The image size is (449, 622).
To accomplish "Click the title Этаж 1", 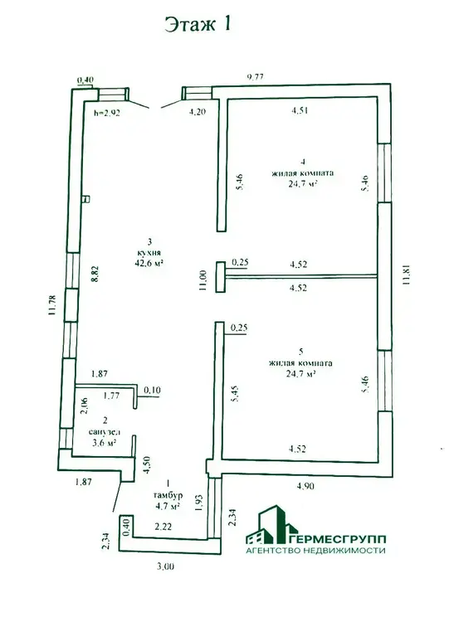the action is (x=198, y=25).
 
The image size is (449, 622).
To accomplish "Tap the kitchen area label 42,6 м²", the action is (x=149, y=262).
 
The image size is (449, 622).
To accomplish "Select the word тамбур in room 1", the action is (x=168, y=495).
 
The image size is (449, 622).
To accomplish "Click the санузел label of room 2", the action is (x=105, y=432).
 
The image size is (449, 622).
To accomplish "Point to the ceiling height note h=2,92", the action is (x=107, y=113).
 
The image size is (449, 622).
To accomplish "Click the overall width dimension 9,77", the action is (x=256, y=77).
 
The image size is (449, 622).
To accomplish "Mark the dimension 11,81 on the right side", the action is (x=405, y=275).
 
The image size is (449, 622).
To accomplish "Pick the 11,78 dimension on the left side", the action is (x=51, y=305).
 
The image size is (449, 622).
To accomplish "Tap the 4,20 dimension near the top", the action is (x=197, y=112).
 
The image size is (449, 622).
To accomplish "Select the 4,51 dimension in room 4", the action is (x=300, y=110).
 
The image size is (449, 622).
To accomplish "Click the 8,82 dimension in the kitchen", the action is (x=95, y=274).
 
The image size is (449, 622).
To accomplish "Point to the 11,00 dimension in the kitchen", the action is (x=203, y=280).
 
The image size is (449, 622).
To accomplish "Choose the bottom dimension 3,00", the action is (x=165, y=566).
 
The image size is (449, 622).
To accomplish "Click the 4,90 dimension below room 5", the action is (x=305, y=485).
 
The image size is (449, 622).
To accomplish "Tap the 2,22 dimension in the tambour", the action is (x=163, y=527).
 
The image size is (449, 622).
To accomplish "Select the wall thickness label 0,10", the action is (x=152, y=391).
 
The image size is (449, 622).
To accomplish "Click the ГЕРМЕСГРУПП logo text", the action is (x=339, y=539).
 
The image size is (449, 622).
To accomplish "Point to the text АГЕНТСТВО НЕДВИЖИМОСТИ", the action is (x=315, y=551).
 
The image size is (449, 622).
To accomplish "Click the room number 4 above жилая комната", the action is (x=303, y=162).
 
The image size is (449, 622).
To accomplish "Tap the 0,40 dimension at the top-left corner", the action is (x=85, y=80).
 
